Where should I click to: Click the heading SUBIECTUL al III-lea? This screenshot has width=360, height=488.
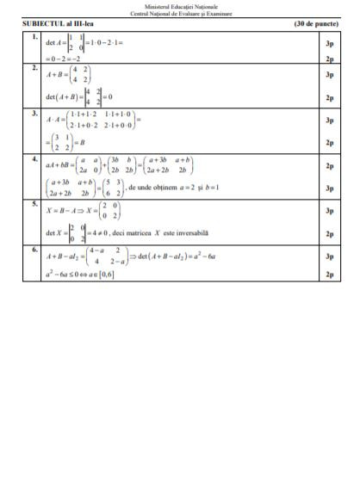[x=59, y=24]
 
